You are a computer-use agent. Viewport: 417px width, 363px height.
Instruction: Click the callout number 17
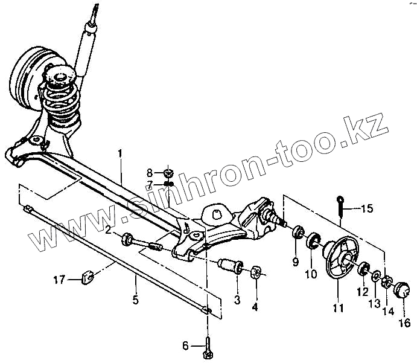point(58,279)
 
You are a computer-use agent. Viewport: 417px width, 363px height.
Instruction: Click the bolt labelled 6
point(208,347)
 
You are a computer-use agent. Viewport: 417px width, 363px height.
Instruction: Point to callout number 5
point(136,300)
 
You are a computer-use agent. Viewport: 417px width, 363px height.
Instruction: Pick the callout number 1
point(120,153)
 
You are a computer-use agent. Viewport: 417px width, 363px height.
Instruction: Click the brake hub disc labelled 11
point(339,260)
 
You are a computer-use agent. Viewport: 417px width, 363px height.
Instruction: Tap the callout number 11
point(338,308)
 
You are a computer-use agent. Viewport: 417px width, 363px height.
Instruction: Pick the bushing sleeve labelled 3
point(232,266)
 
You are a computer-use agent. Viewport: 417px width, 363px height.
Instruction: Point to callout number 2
point(107,230)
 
